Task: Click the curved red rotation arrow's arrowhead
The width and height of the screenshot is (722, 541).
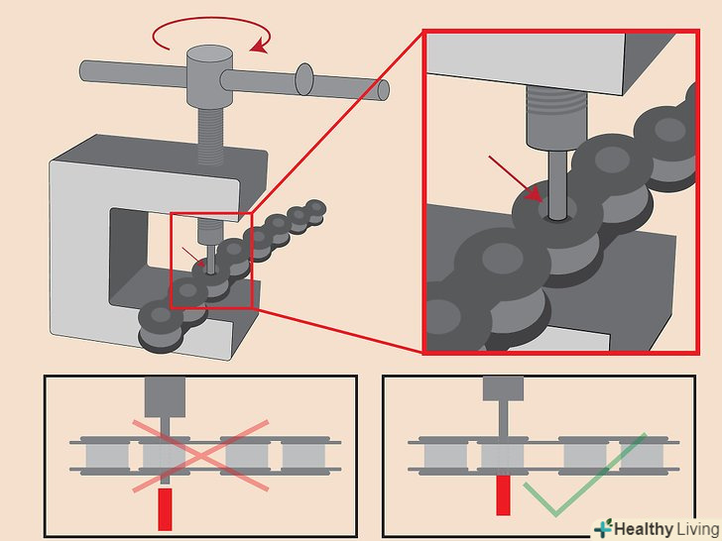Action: coord(260,45)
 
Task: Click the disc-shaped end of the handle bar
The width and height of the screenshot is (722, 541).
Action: coord(305,81)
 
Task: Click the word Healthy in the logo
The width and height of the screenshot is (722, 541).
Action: coord(641,527)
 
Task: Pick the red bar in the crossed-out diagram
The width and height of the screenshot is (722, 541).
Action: coord(165,506)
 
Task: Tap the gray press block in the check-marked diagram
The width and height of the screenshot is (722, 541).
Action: coord(504,387)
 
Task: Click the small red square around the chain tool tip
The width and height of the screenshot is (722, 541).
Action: coord(212,260)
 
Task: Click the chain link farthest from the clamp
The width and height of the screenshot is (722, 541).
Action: coord(315,209)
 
